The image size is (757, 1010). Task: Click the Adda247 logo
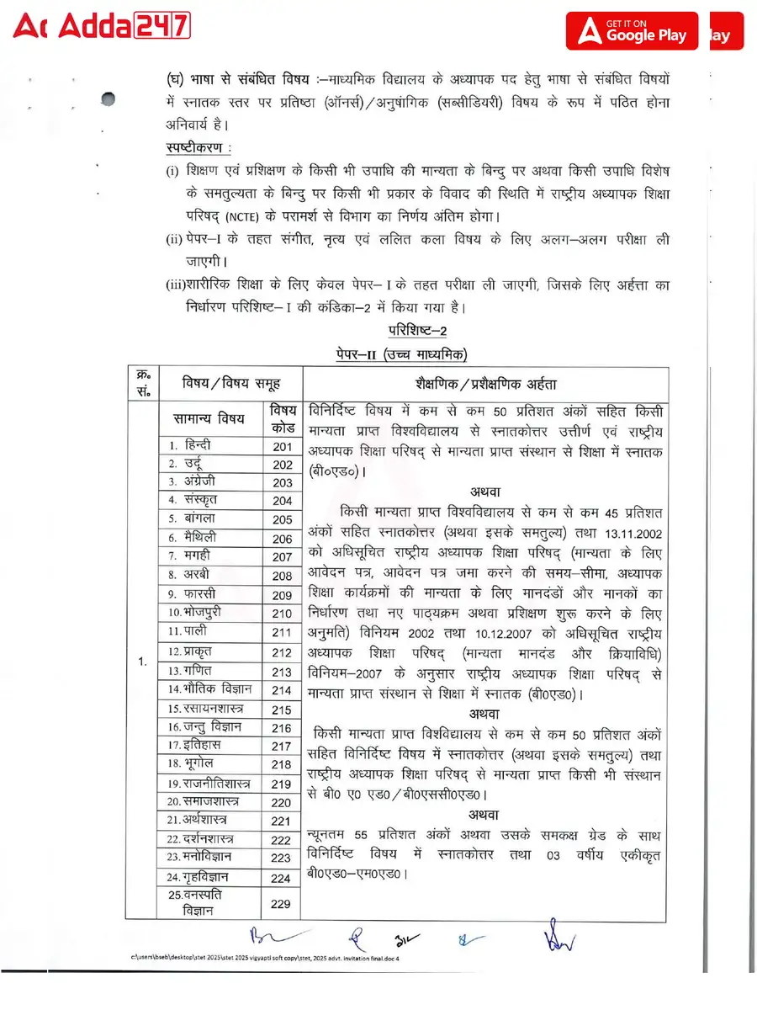[102, 28]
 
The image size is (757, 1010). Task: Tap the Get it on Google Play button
[632, 30]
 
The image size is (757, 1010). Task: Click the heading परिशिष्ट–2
[417, 330]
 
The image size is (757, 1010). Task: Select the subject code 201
[282, 447]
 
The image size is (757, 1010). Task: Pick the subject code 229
[282, 903]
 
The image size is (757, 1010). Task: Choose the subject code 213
[282, 672]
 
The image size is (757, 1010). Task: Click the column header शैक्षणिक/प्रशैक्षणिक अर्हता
[485, 384]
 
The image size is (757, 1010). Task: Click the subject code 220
[282, 802]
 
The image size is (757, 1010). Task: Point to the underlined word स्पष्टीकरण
[199, 148]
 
